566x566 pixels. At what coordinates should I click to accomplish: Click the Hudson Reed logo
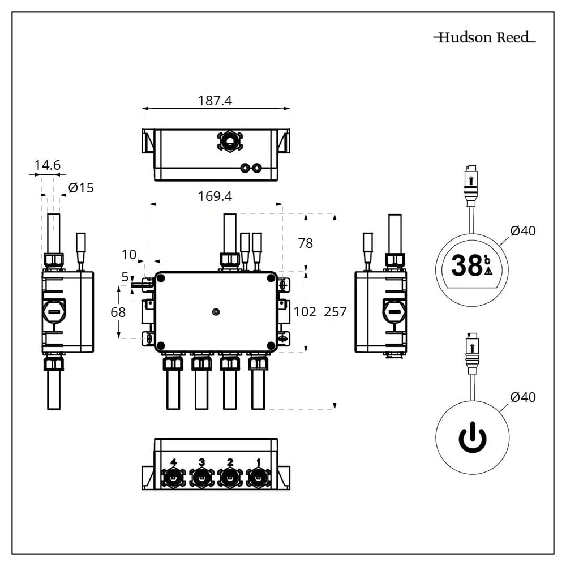[484, 38]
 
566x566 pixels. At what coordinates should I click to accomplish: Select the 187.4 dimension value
[215, 101]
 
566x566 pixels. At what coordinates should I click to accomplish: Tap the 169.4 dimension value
[215, 196]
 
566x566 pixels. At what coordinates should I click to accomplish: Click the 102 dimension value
[305, 311]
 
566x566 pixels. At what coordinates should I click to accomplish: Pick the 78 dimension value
[305, 243]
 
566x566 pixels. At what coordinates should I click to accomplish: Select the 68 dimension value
[118, 312]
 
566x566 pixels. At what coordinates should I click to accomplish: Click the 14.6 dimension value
[47, 165]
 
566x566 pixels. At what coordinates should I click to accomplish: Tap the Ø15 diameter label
[81, 188]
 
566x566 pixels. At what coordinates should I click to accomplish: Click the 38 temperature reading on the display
[467, 266]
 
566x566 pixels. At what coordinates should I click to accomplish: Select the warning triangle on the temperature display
[488, 271]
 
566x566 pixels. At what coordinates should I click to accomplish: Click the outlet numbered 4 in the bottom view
[173, 479]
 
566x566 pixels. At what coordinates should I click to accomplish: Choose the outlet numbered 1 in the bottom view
[258, 479]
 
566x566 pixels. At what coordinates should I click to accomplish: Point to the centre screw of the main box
[216, 312]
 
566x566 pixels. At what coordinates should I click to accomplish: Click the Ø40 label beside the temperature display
[522, 231]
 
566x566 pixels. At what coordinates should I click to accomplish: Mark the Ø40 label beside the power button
[522, 397]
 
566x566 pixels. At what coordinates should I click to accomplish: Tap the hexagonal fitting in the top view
[230, 141]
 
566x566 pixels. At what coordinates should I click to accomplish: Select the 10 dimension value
[129, 255]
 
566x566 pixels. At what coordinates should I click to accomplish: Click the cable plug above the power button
[472, 354]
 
